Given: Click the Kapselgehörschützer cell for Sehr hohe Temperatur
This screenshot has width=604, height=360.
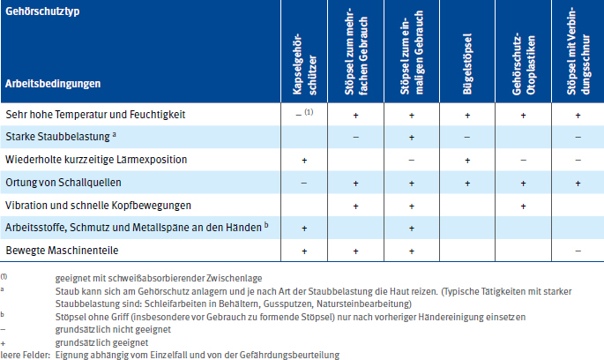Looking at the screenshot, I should point(304,116).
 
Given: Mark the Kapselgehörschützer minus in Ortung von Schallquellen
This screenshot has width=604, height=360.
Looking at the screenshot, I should point(303,183).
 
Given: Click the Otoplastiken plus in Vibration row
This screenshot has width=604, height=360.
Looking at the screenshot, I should point(523,206).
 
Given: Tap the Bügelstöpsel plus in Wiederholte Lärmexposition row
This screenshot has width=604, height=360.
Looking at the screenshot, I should point(468,161).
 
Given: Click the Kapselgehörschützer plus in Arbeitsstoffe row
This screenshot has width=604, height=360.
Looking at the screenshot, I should point(303,229).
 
